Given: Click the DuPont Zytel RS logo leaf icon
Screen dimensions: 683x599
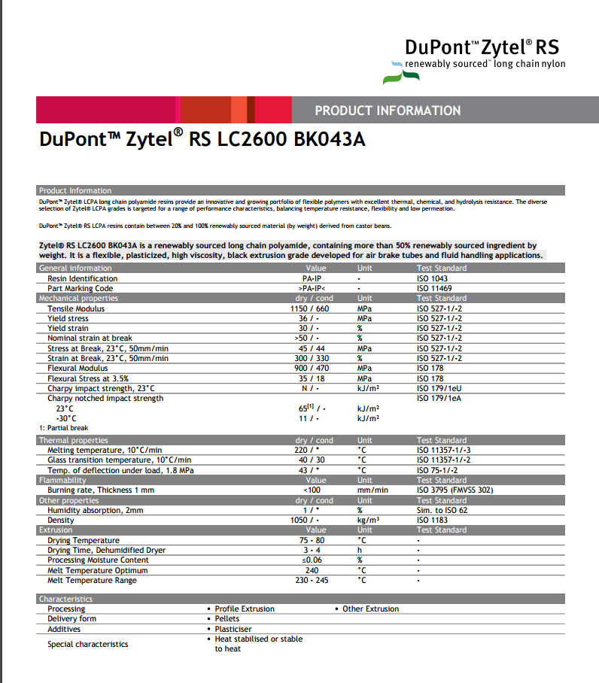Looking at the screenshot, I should (x=392, y=72).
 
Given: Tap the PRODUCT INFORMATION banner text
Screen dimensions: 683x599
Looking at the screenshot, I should (x=388, y=111).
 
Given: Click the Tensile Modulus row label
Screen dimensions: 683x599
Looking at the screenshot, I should (x=76, y=308).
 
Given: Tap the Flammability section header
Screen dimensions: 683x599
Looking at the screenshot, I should (x=62, y=480).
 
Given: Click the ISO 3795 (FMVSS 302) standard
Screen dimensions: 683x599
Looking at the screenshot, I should (x=455, y=490).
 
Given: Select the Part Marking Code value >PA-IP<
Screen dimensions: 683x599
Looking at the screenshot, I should (x=310, y=288).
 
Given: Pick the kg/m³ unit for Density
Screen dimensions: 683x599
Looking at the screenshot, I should (x=368, y=520).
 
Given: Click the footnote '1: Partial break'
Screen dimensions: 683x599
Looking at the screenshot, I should (x=62, y=428).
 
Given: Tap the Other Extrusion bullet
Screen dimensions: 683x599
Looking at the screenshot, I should (x=370, y=609).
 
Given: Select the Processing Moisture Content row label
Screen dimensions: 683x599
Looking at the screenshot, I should (x=98, y=560).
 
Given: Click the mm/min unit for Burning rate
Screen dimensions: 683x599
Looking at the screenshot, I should (x=372, y=490).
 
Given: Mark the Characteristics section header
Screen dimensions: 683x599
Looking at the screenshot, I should (x=66, y=599).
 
